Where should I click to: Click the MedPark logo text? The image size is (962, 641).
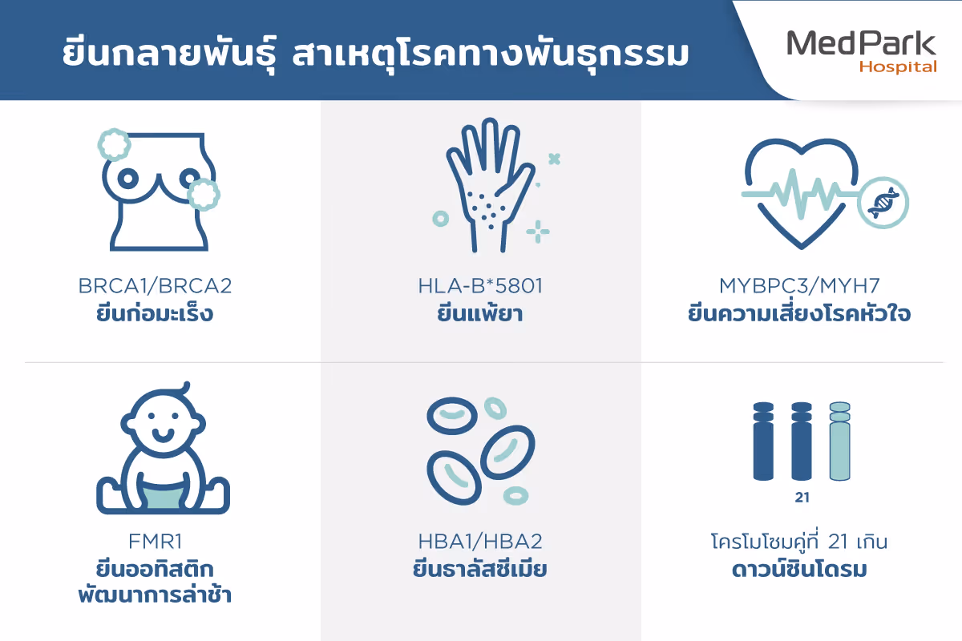pyautogui.click(x=861, y=43)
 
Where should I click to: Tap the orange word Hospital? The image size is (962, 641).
pyautogui.click(x=898, y=67)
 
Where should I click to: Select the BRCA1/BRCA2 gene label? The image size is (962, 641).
pyautogui.click(x=155, y=286)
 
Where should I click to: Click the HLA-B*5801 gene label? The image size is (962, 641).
pyautogui.click(x=480, y=286)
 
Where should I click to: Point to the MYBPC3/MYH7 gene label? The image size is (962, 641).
pyautogui.click(x=800, y=286)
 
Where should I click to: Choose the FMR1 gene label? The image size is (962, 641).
pyautogui.click(x=156, y=542)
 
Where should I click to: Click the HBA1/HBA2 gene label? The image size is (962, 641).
pyautogui.click(x=480, y=542)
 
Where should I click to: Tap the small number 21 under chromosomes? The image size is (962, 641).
pyautogui.click(x=802, y=498)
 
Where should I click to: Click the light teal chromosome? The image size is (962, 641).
pyautogui.click(x=839, y=441)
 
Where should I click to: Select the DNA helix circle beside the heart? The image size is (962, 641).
pyautogui.click(x=883, y=203)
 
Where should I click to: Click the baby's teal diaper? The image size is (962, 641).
pyautogui.click(x=162, y=494)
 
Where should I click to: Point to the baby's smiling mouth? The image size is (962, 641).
pyautogui.click(x=163, y=435)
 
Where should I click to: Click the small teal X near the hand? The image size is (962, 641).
pyautogui.click(x=555, y=159)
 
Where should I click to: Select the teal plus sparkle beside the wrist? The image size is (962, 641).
pyautogui.click(x=538, y=232)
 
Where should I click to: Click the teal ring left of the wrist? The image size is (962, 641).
pyautogui.click(x=441, y=219)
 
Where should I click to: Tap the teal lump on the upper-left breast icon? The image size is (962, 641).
pyautogui.click(x=114, y=145)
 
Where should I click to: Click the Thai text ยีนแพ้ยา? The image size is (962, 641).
pyautogui.click(x=480, y=312)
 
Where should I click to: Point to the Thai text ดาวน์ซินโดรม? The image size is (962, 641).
pyautogui.click(x=800, y=569)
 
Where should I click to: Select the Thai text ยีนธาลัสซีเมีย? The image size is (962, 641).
pyautogui.click(x=480, y=569)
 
